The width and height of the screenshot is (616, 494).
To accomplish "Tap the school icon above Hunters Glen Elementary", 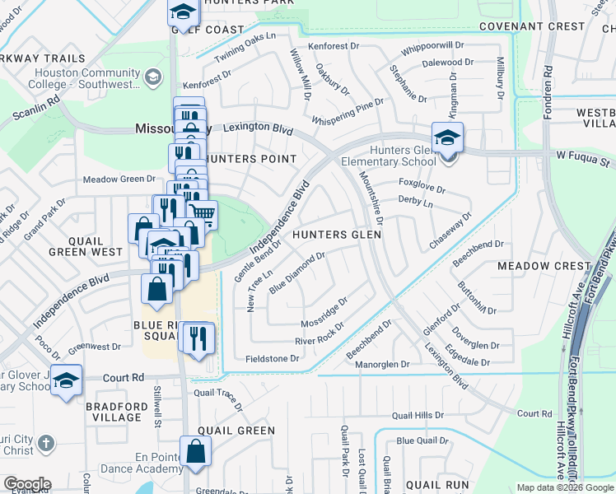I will click(x=447, y=137).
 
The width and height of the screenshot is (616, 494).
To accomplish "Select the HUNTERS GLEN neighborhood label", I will click(x=338, y=235).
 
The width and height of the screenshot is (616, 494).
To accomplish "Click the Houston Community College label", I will click(x=83, y=77).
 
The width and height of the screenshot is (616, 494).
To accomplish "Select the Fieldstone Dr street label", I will click(x=272, y=359).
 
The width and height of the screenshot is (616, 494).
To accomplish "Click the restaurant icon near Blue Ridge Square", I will click(x=198, y=338).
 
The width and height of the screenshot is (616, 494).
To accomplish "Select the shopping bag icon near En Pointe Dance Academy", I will click(x=196, y=451).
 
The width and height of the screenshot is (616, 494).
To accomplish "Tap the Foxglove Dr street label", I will click(x=421, y=184).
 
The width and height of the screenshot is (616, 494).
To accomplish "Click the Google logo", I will click(x=26, y=484).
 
